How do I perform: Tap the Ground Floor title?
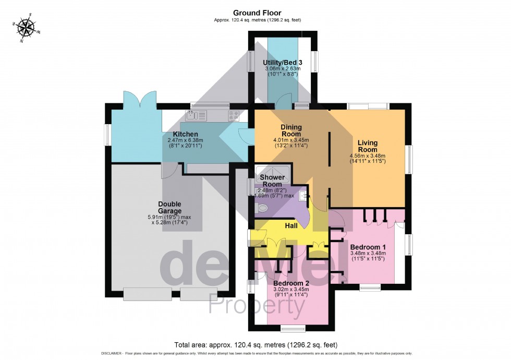257,13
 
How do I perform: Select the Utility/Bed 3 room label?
283,62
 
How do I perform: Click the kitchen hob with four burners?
234,115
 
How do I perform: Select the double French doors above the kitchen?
140,99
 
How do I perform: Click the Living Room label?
368,146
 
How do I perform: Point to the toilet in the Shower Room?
262,208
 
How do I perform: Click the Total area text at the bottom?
255,345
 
